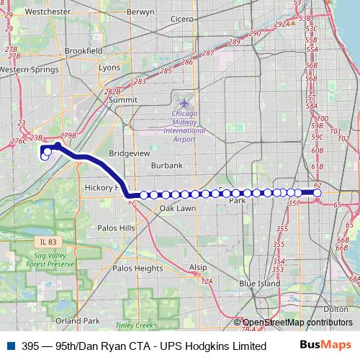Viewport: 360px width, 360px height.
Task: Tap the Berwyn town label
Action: (x=140, y=12)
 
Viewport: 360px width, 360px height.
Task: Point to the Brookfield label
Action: (x=84, y=51)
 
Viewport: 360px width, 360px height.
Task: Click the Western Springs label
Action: (x=27, y=69)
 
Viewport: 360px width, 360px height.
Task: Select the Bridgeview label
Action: (x=128, y=153)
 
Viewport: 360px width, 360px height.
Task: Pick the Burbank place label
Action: (x=167, y=166)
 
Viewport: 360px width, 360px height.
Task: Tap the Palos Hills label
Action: (x=117, y=228)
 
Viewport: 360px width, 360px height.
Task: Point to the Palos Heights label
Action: (x=138, y=268)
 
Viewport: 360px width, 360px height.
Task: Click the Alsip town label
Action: (x=197, y=266)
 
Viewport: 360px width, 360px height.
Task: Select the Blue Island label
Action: (x=259, y=284)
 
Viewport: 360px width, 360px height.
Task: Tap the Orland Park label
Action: (x=78, y=320)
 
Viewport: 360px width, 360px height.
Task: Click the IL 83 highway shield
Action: (x=48, y=241)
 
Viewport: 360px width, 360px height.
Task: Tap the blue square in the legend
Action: (x=9, y=346)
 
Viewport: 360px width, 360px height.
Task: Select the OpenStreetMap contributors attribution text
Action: (x=297, y=323)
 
